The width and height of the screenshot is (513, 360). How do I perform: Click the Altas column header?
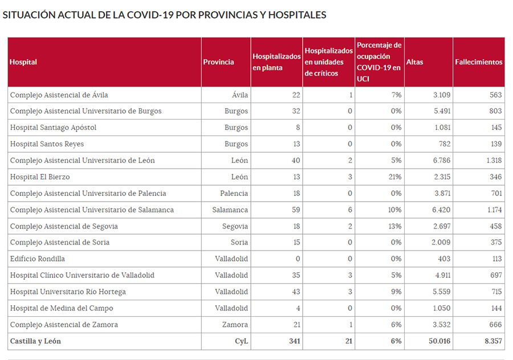[x=414, y=62]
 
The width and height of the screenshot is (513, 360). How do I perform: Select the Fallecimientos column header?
[x=478, y=62]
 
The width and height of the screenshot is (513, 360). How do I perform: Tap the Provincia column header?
[x=218, y=62]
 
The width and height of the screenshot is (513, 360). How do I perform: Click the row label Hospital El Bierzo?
[x=40, y=177]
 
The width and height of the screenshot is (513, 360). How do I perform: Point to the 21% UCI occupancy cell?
[x=394, y=177]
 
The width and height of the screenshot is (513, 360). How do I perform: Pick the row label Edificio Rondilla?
[x=38, y=259]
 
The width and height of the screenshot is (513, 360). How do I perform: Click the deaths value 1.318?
[x=494, y=161]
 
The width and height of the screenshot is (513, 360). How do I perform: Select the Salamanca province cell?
[x=230, y=210]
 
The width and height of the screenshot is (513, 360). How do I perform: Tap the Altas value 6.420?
[x=442, y=210]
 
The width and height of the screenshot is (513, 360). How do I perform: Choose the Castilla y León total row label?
[x=35, y=341]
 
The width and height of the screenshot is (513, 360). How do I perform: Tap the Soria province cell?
[x=238, y=243]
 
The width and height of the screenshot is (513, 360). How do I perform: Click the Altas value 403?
[x=443, y=259]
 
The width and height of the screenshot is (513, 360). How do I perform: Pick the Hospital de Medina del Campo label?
[x=62, y=308]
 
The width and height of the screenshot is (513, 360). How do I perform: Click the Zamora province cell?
[x=235, y=325]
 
